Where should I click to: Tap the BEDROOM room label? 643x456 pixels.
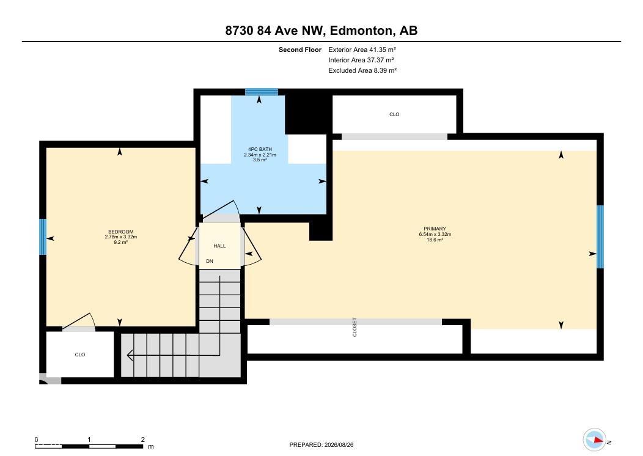coord(121,232)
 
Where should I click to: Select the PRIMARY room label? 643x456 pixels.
coord(435,229)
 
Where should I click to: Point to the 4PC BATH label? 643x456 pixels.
coord(260,149)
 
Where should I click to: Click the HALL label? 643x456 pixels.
coord(219,246)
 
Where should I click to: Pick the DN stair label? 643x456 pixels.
coord(210,261)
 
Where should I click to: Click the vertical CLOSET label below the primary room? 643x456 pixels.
coord(355,327)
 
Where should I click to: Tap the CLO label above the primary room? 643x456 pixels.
coord(394,114)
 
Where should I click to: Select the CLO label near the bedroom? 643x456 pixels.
coord(80,355)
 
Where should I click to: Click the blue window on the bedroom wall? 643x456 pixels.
coord(43,237)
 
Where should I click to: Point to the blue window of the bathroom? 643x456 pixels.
coord(262,92)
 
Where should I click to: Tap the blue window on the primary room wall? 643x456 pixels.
coord(600,237)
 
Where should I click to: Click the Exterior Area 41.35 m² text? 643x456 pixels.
coord(362,50)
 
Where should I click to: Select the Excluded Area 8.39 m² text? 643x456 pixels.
coord(362,70)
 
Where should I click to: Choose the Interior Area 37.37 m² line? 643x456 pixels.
coord(361,61)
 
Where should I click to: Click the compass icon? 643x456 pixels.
coord(595,439)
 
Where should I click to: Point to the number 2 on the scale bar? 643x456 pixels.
coord(142,439)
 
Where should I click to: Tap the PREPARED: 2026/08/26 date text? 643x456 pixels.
coord(321,444)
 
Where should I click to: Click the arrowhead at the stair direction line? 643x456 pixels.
coord(130,355)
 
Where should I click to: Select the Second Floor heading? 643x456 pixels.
coord(300,50)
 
